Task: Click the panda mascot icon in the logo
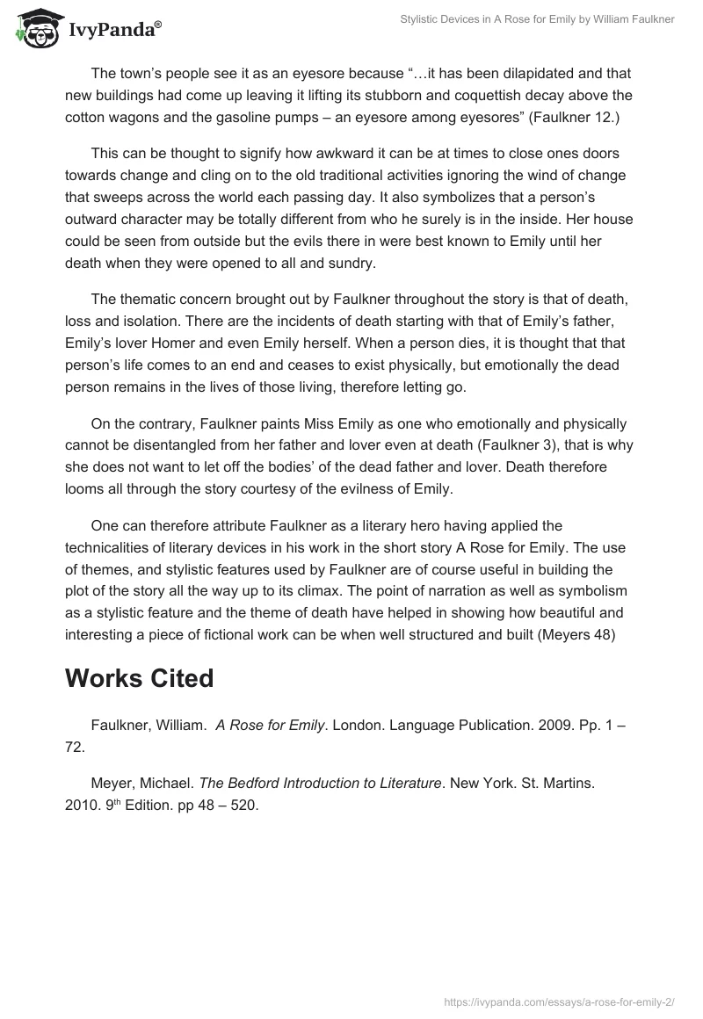(33, 26)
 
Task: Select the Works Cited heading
(139, 678)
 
